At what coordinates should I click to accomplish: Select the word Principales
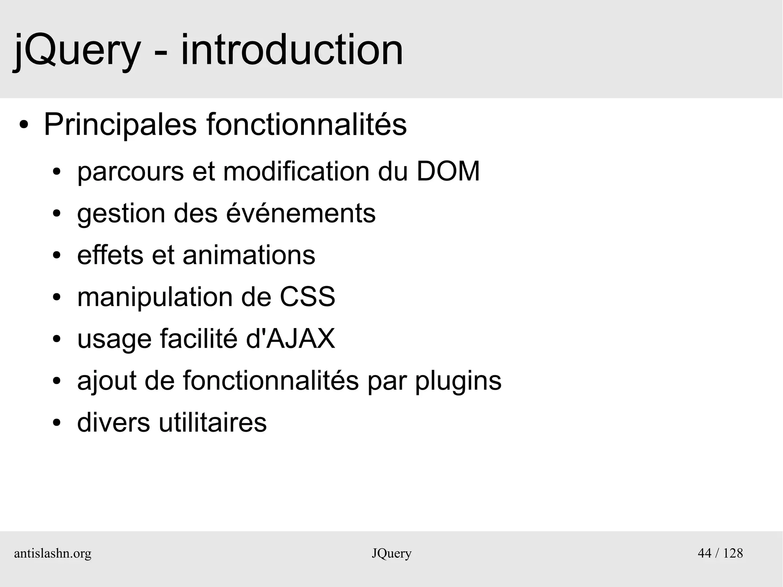click(x=120, y=125)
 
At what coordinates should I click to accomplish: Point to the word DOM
click(x=448, y=171)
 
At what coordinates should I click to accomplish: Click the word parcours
click(x=130, y=172)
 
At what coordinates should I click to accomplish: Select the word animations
click(x=249, y=255)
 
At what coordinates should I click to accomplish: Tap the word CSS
click(x=307, y=297)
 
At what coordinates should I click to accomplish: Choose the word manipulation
click(x=155, y=298)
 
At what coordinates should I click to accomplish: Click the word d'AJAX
click(x=290, y=338)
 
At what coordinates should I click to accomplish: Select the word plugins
click(x=458, y=381)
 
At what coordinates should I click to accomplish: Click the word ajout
click(x=107, y=381)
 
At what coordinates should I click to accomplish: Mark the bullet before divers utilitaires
click(x=57, y=423)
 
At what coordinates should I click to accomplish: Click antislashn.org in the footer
click(x=53, y=553)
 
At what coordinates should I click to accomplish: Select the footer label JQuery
click(x=391, y=553)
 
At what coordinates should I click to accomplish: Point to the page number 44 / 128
click(x=720, y=553)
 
